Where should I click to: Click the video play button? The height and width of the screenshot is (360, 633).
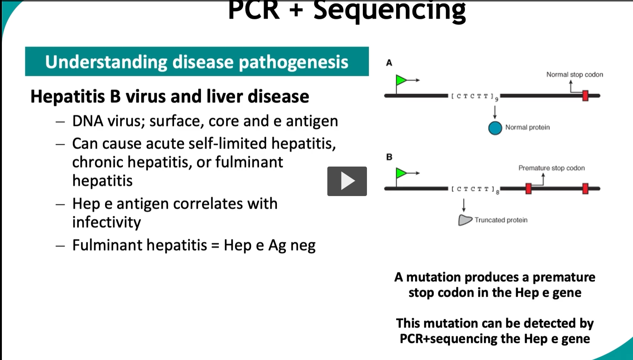(347, 181)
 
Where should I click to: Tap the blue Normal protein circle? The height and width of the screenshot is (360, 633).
(495, 128)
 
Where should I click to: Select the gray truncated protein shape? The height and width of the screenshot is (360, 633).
(464, 220)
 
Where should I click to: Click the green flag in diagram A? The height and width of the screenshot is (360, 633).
(401, 80)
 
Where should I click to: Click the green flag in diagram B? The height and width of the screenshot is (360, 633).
(401, 173)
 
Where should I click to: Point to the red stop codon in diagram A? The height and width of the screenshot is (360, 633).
(585, 96)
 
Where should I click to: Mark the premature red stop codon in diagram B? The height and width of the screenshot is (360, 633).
(528, 189)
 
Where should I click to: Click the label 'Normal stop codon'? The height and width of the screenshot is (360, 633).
(574, 75)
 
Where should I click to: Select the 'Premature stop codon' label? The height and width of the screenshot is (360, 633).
(551, 168)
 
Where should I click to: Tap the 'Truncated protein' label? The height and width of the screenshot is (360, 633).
(501, 220)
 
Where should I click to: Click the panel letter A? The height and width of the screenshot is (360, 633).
(389, 63)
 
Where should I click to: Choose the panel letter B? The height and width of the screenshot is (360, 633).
(389, 157)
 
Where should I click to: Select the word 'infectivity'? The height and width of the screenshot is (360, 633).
(106, 222)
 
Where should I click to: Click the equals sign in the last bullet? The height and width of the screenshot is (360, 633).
(215, 245)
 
